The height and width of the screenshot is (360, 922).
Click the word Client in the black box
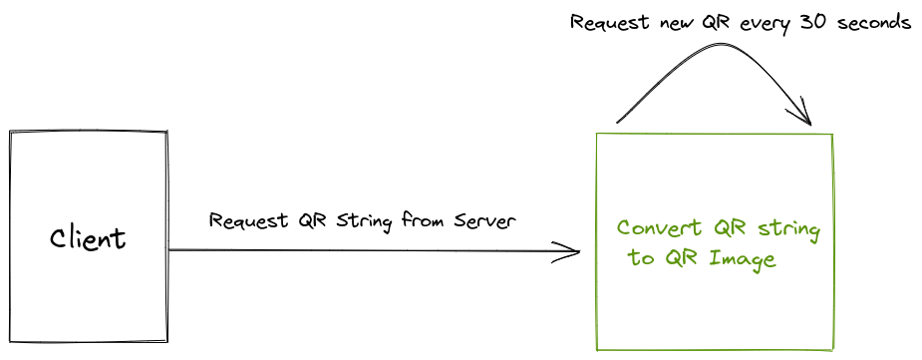tap(88, 239)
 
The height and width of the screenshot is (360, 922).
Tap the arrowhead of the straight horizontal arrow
tap(571, 251)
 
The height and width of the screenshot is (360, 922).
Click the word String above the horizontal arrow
tap(366, 220)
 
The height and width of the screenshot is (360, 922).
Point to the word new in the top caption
tap(677, 22)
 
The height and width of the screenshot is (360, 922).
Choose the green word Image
tap(742, 259)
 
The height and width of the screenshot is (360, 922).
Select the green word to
tap(640, 259)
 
